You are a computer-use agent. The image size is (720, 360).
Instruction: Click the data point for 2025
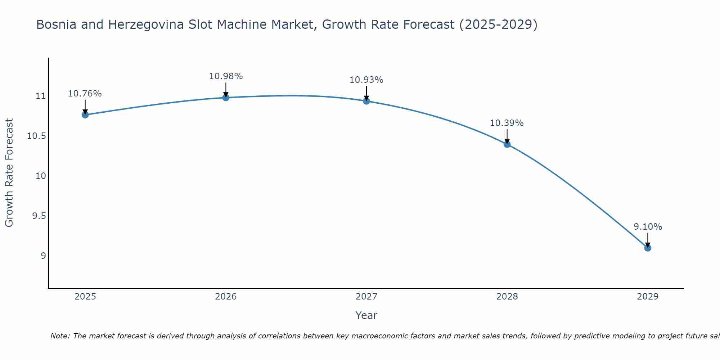[x=85, y=115]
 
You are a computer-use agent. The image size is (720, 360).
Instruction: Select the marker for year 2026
[x=226, y=98]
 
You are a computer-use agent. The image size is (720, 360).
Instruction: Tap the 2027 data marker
[x=366, y=101]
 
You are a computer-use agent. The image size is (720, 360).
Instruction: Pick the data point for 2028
[x=507, y=144]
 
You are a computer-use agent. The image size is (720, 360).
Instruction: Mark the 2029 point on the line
[x=648, y=248]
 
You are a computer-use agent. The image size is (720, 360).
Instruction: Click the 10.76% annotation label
[x=85, y=94]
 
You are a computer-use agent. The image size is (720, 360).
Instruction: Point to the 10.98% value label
[x=226, y=76]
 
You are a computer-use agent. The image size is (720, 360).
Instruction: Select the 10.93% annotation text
[x=366, y=80]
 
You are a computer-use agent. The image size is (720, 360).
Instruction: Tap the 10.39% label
[x=507, y=123]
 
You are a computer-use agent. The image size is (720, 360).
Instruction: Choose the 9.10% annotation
[x=648, y=227]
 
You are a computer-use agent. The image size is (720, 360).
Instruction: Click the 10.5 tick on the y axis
[x=36, y=136]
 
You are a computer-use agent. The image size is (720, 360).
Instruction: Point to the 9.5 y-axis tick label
[x=39, y=216]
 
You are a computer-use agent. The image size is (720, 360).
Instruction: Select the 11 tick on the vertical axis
[x=41, y=96]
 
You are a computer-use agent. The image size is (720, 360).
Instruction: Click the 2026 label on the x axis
[x=226, y=297]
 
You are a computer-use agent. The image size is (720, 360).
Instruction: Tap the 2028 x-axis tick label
[x=507, y=297]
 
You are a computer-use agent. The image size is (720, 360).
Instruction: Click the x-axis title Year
[x=366, y=315]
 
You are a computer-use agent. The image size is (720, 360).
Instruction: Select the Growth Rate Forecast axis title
[x=9, y=173]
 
